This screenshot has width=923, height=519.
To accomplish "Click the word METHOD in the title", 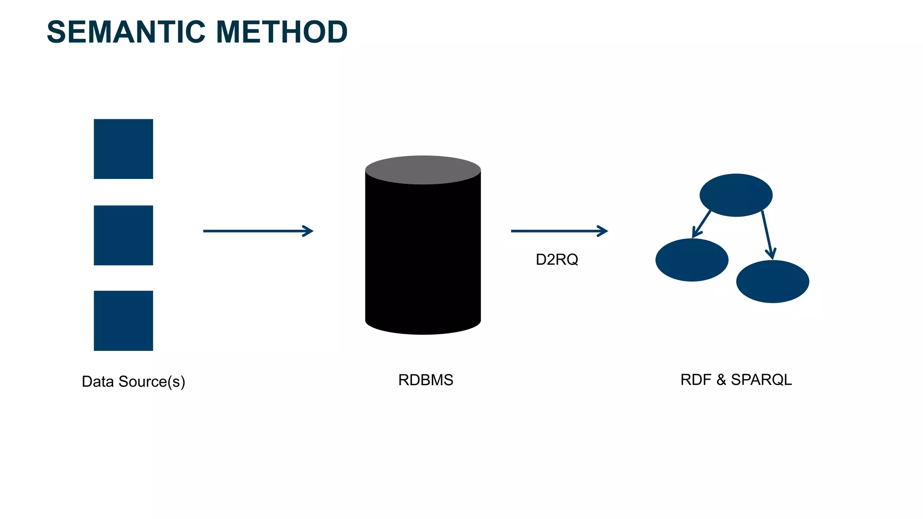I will (282, 32).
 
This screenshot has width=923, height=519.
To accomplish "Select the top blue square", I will (123, 149).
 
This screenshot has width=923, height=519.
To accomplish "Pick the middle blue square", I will (123, 235).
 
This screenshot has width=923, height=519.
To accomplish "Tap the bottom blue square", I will (123, 320).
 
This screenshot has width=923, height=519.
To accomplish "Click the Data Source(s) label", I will (133, 382).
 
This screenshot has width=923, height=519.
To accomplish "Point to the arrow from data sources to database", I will (257, 231).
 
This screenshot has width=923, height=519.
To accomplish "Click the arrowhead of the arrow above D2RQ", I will (603, 231).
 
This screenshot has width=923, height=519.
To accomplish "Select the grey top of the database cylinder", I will (423, 169).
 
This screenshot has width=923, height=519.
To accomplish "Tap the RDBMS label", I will (425, 380).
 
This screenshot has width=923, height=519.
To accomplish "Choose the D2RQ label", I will (557, 259).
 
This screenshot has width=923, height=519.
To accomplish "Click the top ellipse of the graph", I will (736, 195).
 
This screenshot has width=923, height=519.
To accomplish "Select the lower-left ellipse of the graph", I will (692, 260).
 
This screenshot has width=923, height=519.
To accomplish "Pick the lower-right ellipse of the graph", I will (772, 281).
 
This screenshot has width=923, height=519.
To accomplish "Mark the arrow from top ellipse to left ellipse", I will (702, 224).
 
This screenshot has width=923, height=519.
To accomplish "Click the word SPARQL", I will (761, 380).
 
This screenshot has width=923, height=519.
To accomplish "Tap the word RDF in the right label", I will (695, 380).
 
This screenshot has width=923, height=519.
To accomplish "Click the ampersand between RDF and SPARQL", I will (721, 380).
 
